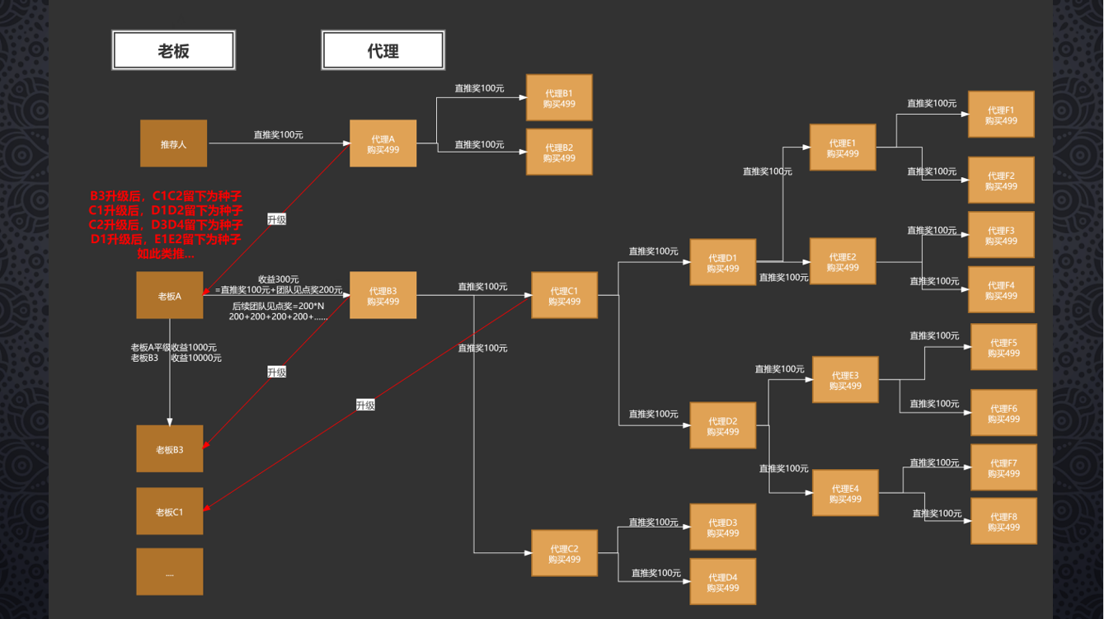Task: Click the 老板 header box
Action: point(174,50)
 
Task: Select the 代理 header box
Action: point(383,50)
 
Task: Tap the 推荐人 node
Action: point(173,143)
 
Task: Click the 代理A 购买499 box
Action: point(383,143)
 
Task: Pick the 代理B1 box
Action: point(559,98)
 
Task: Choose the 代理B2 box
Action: point(559,152)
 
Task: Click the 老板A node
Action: point(169,295)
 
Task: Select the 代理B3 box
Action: point(383,295)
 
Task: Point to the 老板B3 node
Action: point(169,449)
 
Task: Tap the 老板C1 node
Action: point(169,511)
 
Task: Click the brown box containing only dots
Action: point(169,571)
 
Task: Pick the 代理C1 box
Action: point(564,295)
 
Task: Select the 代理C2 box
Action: point(564,553)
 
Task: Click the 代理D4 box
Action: point(722,582)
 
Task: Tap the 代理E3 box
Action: point(845,380)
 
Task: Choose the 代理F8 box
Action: point(1003,521)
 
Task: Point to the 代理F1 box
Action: point(1001,115)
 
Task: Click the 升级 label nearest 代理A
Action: point(276,219)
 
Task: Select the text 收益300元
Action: point(278,279)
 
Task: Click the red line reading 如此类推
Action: point(166,254)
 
